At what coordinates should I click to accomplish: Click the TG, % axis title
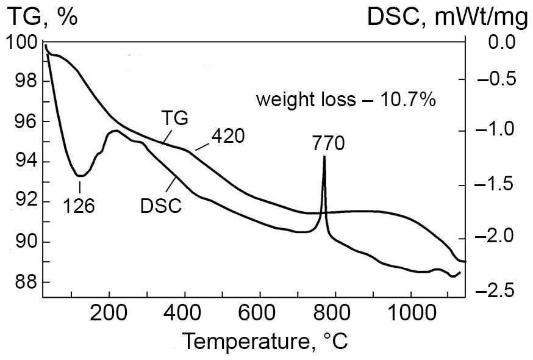(42, 17)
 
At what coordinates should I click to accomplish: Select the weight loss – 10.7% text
(345, 99)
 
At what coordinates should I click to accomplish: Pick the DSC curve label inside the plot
(160, 206)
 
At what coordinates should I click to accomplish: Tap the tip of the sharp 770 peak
(324, 157)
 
